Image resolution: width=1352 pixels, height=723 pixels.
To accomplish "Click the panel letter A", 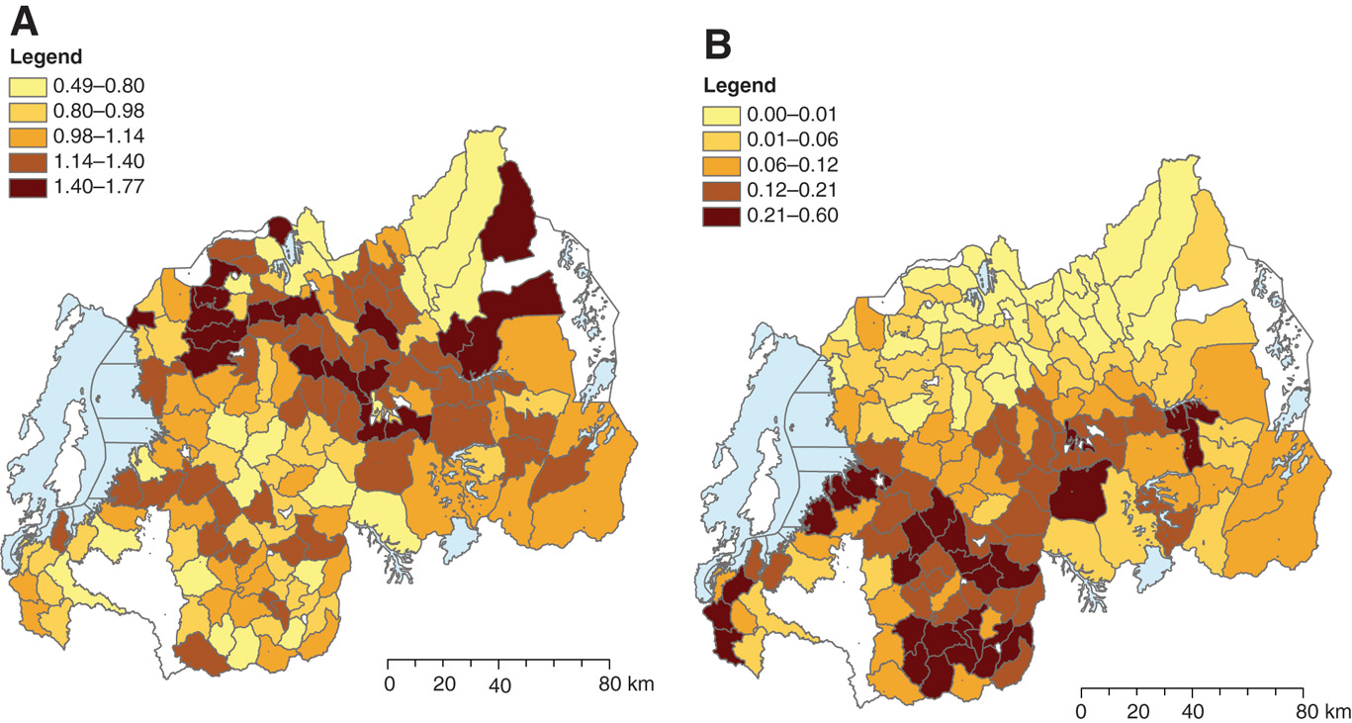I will pyautogui.click(x=28, y=22).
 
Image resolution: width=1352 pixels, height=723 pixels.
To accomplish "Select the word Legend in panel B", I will pyautogui.click(x=740, y=85).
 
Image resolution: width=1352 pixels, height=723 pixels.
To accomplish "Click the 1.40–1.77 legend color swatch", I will pyautogui.click(x=28, y=190).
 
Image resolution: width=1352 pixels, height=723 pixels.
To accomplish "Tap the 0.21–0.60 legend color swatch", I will pyautogui.click(x=722, y=217).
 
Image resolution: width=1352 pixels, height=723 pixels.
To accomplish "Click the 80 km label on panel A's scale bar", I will pyautogui.click(x=626, y=684).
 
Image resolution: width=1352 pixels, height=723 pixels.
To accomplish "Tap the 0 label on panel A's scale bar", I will pyautogui.click(x=390, y=684).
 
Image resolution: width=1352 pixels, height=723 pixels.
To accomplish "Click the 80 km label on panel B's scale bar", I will pyautogui.click(x=1321, y=712).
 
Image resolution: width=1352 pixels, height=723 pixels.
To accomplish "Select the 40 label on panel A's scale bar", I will pyautogui.click(x=500, y=684).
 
